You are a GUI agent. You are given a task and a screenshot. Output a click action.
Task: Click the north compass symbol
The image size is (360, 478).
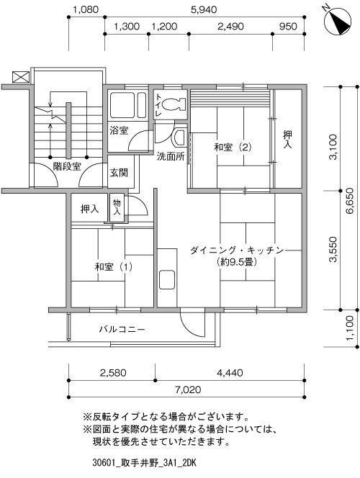(338, 21)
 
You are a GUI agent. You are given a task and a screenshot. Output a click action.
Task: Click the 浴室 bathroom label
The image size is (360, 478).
(119, 131)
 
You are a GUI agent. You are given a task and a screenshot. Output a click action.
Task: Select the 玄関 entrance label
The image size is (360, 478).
(119, 173)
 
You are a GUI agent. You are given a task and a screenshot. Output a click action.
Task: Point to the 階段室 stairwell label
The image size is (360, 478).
(67, 166)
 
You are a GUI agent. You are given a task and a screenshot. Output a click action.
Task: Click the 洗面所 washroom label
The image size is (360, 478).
(171, 156)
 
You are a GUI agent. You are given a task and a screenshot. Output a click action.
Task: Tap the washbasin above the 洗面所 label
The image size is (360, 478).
(179, 137)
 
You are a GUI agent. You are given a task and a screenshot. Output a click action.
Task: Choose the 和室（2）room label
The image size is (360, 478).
(233, 148)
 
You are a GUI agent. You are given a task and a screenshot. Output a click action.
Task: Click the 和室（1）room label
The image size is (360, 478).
(113, 267)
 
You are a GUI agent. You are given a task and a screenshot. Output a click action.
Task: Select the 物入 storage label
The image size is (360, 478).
(117, 207)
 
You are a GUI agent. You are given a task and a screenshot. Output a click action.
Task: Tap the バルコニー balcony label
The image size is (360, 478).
(122, 329)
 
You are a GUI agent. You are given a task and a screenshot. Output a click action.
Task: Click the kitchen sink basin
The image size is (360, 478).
(167, 279)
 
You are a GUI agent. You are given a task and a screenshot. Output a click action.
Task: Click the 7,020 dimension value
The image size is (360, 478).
(187, 389)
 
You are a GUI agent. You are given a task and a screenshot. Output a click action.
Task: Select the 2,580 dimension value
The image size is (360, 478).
(112, 372)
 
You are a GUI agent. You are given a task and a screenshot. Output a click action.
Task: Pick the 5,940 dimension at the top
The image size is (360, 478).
(204, 9)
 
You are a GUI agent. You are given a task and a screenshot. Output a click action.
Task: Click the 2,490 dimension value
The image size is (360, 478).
(230, 26)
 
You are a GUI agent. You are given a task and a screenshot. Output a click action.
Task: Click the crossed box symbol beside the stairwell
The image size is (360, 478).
(21, 77)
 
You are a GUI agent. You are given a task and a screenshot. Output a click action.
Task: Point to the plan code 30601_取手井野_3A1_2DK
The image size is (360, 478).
(144, 464)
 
